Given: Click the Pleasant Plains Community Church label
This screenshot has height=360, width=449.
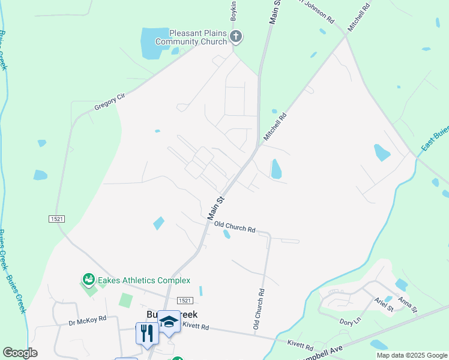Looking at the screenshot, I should (191, 37).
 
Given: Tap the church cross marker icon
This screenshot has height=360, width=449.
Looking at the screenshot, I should (236, 37).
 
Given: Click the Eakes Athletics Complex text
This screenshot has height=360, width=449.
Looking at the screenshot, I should (144, 280).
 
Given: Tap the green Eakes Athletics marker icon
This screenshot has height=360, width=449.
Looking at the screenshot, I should (88, 280).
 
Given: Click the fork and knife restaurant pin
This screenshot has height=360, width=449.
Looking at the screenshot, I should (147, 334).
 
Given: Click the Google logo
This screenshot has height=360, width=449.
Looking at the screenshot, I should (20, 353).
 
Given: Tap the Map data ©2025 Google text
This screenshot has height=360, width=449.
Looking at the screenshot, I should (412, 355).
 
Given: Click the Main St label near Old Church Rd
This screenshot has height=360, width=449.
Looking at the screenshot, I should (215, 208).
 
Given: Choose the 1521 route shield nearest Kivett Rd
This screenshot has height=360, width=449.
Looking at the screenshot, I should (184, 300).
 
